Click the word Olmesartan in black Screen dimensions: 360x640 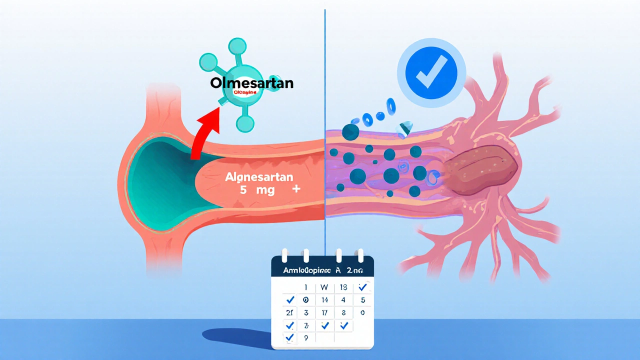251,83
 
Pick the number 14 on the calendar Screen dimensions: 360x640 324,300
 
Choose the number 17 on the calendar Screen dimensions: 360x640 324,313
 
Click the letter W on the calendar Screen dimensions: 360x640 323,287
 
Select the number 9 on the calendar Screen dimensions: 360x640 305,337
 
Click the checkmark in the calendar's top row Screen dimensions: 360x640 362,287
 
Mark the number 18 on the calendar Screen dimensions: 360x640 343,287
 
